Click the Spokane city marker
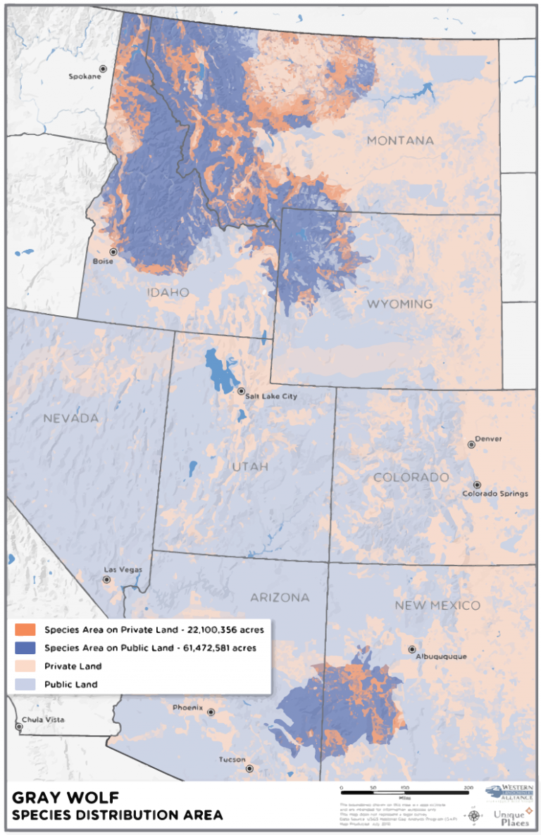click(103, 69)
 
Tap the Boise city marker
click(112, 251)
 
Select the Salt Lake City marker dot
click(241, 391)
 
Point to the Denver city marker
click(471, 445)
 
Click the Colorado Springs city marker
click(477, 485)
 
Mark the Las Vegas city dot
click(106, 580)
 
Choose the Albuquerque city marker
click(412, 649)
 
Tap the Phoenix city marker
click(210, 712)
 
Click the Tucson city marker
click(249, 769)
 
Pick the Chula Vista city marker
click(19, 727)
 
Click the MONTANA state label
click(400, 141)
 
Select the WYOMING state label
click(399, 304)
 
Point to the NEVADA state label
click(70, 419)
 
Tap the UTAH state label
click(250, 467)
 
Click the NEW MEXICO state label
click(437, 605)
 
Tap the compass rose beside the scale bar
click(473, 816)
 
